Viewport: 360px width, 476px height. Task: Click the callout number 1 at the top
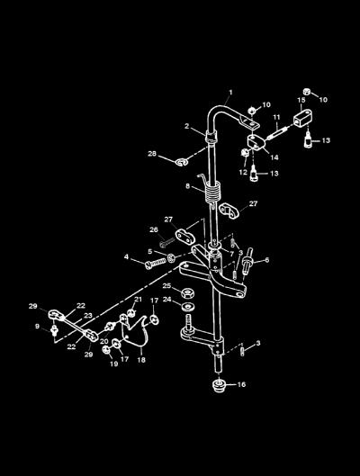pos(230,92)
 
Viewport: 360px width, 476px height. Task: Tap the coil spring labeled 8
pos(211,191)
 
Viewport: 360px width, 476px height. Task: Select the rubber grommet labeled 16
pos(219,385)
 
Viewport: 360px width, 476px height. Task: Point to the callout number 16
pos(241,384)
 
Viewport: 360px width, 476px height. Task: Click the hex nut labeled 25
pos(188,293)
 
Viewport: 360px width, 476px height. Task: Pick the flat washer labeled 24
pos(188,306)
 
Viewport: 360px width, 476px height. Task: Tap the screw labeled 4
pos(156,264)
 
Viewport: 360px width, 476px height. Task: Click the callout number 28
pos(152,154)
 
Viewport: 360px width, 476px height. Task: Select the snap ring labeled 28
pos(182,162)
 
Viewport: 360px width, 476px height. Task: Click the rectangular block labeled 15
pos(303,118)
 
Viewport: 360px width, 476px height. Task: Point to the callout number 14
pos(274,157)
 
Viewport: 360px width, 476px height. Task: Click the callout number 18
pos(141,360)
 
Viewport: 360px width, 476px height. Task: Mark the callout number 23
pos(88,316)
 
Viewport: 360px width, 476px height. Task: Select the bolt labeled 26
pos(166,242)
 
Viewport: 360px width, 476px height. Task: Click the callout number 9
pos(37,327)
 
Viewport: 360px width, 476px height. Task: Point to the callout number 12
pos(243,172)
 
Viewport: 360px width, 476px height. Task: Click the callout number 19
pos(113,364)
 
